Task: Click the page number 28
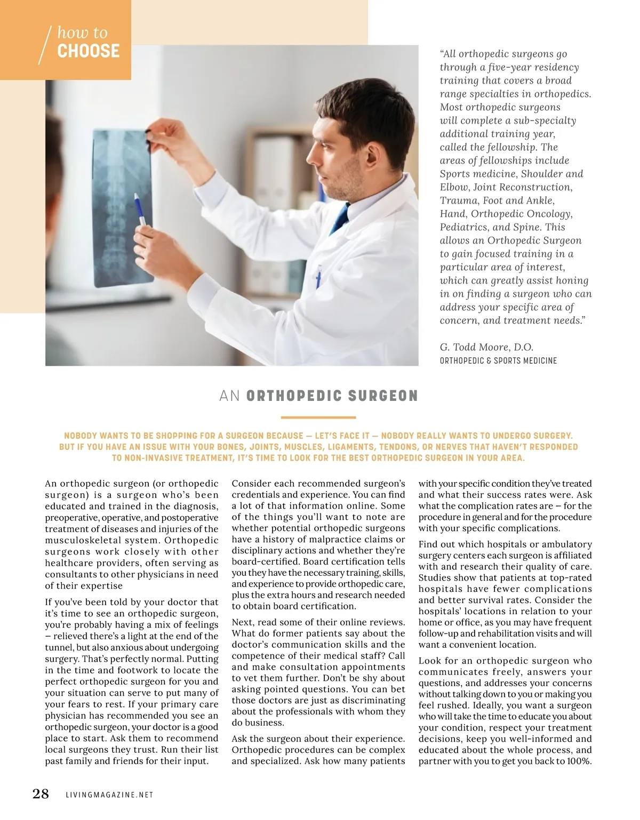point(41,794)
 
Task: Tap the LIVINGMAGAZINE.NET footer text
point(109,795)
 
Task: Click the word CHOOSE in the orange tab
point(89,51)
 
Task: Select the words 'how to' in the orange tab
point(82,33)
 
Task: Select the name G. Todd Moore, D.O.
point(486,347)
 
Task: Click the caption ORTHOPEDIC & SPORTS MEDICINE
point(498,361)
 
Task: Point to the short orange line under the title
point(318,417)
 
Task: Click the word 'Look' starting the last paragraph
point(430,661)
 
